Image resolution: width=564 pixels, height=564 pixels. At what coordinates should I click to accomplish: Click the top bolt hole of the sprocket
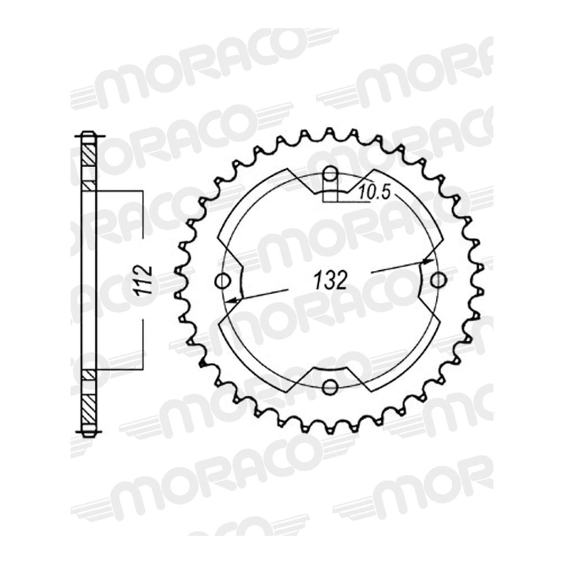pos(330,175)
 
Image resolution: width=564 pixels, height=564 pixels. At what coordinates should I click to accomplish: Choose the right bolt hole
pos(438,281)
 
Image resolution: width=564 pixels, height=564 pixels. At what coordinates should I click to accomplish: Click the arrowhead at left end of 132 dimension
pos(233,299)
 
